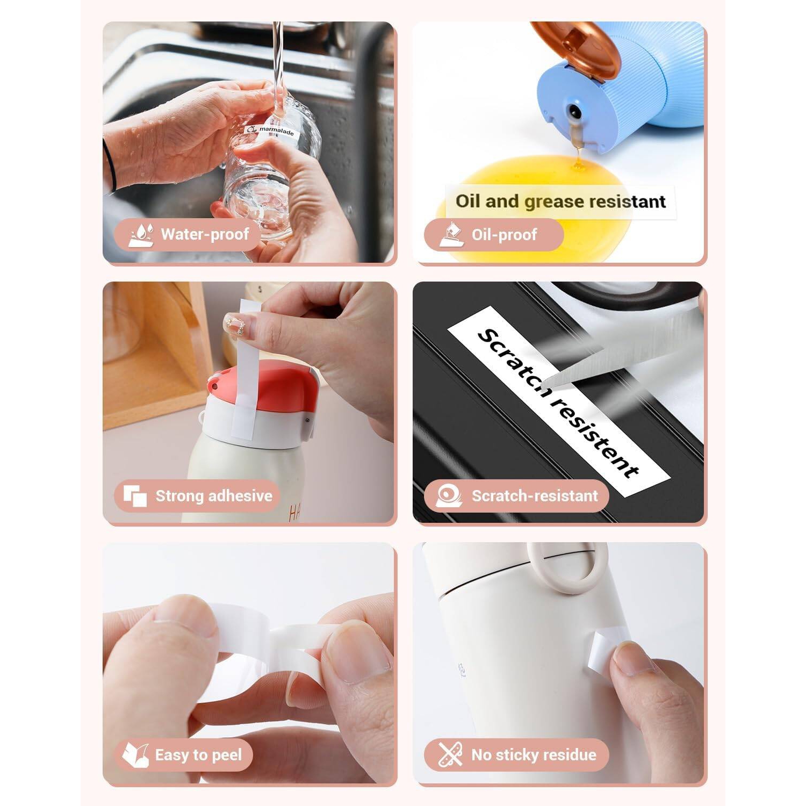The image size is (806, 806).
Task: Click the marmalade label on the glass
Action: (272, 131)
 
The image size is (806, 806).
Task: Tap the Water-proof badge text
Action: (205, 234)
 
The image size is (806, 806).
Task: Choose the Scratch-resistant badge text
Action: (534, 495)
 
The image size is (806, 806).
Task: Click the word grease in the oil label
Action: (553, 201)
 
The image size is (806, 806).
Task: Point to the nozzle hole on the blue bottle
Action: (574, 112)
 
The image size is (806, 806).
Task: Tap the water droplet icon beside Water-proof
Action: (141, 235)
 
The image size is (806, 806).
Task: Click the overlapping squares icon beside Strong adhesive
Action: (135, 495)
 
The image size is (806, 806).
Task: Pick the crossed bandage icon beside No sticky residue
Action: (450, 754)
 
